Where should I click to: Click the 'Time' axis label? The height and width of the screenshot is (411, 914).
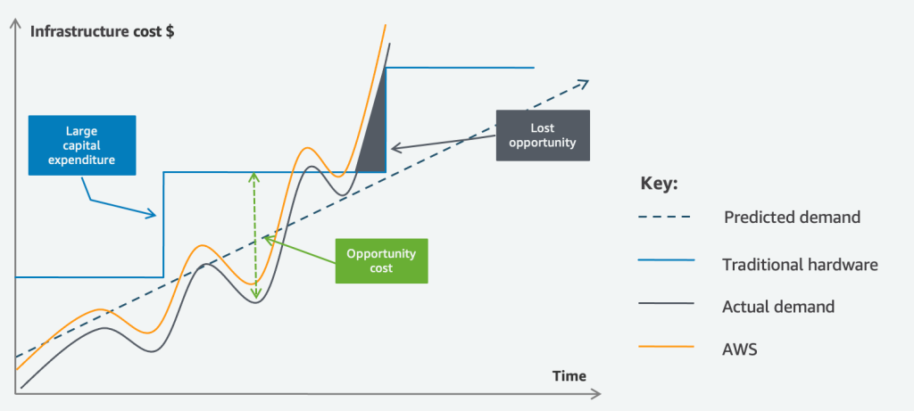pos(569,375)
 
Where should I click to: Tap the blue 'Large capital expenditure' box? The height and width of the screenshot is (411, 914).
pos(81,145)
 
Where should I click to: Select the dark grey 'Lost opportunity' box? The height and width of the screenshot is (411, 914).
pos(543,136)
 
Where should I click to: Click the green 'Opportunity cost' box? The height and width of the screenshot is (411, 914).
pos(381,260)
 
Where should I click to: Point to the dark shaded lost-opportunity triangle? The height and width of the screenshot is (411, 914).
pos(376,134)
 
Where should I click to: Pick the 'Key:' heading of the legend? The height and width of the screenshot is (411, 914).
pos(660,184)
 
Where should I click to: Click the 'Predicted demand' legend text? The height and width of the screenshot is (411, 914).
pos(793,217)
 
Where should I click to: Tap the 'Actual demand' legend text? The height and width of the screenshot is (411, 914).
pos(778,307)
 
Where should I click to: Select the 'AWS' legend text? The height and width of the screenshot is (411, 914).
pos(740,349)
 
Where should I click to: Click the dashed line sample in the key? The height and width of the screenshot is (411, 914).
pos(667,217)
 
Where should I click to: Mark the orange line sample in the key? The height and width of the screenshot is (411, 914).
pos(667,349)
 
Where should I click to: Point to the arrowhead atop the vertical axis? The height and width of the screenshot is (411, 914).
pos(16,18)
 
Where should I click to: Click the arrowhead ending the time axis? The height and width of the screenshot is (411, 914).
pos(596,391)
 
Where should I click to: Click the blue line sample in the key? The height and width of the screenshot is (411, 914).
pos(667,261)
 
